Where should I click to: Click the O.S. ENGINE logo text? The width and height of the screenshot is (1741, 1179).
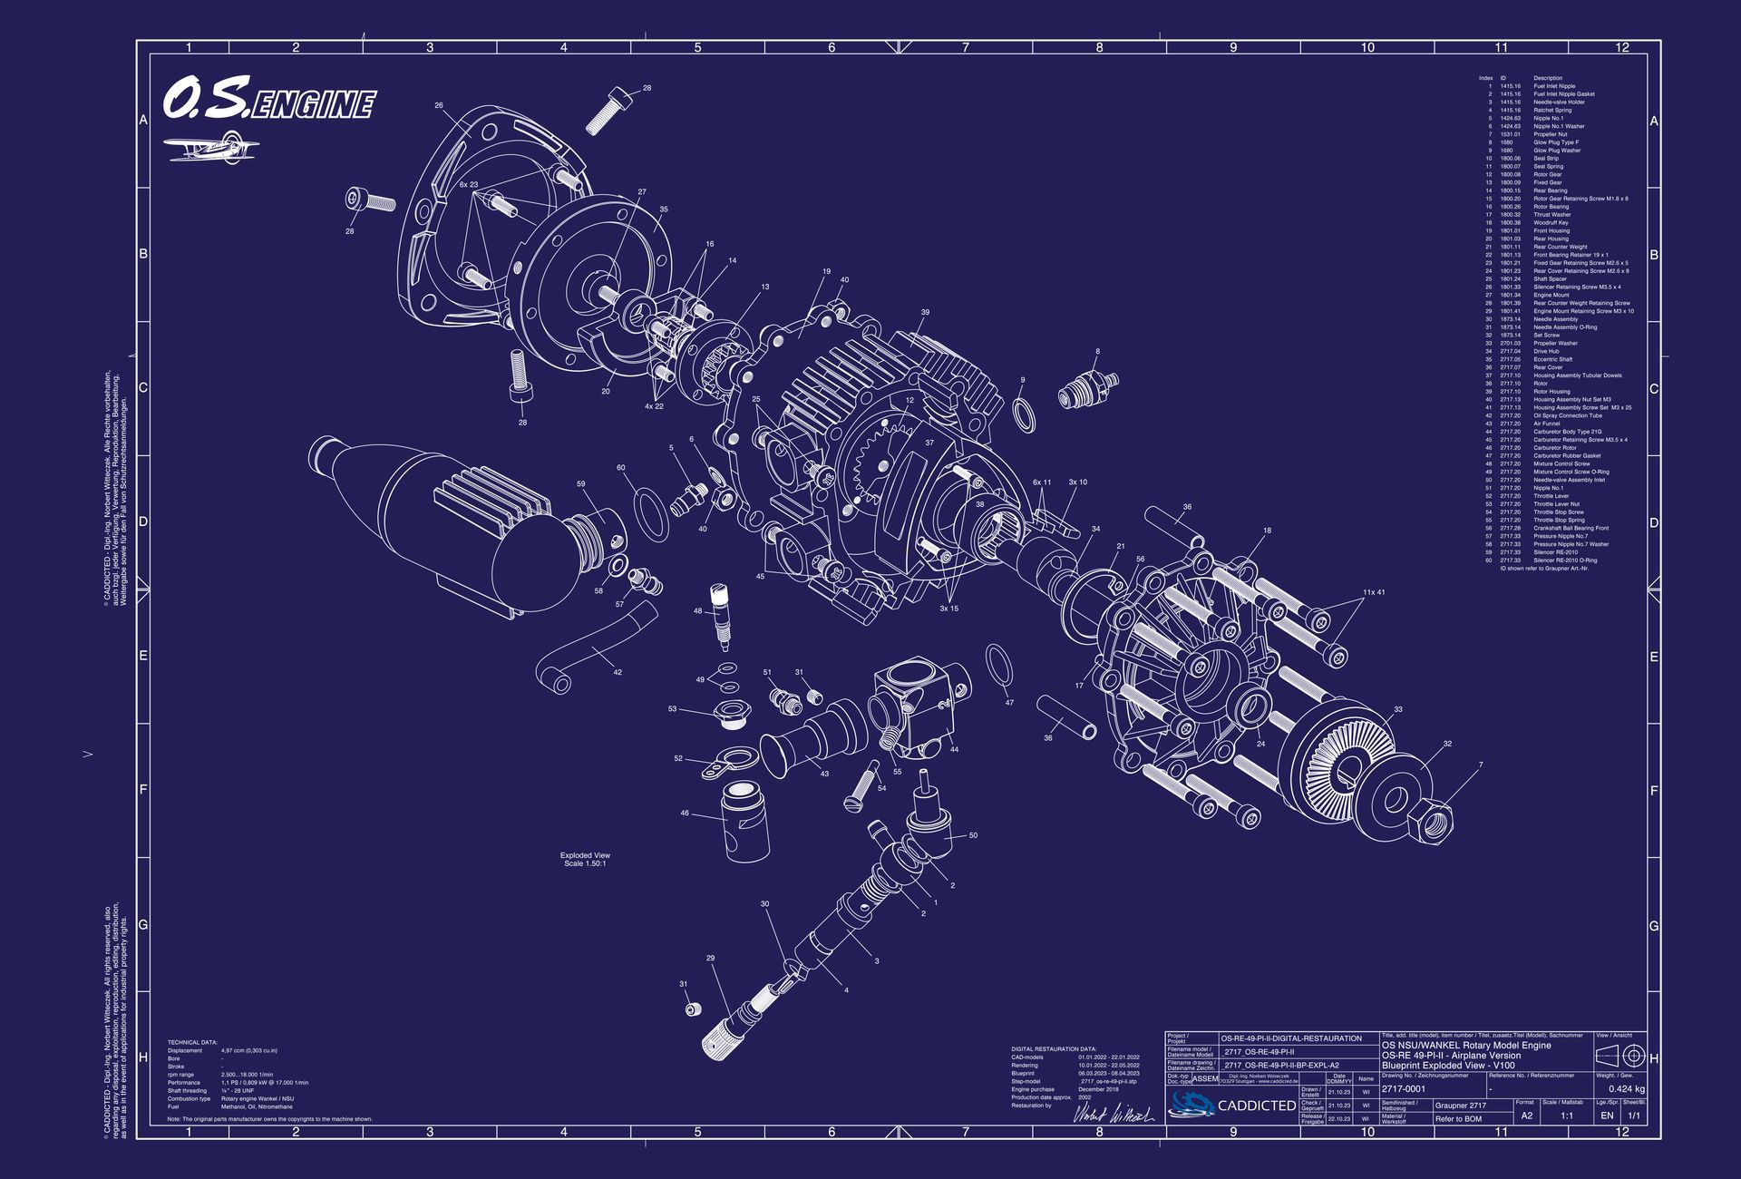tap(268, 100)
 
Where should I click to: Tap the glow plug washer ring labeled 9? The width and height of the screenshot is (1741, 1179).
tap(1024, 414)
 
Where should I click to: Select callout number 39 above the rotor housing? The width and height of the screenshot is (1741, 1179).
tap(924, 313)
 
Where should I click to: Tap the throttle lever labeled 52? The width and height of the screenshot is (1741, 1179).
tap(726, 764)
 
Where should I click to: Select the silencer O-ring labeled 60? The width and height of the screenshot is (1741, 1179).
tap(647, 512)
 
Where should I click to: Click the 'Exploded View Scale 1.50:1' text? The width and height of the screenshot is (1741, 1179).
tap(585, 859)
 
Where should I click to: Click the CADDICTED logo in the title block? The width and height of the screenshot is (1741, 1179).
tap(1232, 1105)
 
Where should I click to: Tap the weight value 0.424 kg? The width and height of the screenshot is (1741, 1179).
tap(1626, 1088)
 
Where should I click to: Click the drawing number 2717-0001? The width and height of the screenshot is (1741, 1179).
tap(1403, 1088)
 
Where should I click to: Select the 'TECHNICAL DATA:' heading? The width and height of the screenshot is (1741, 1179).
tap(192, 1042)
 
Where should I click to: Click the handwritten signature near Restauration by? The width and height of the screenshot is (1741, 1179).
tap(1113, 1114)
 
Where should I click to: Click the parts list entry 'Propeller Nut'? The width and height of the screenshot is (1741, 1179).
tap(1550, 134)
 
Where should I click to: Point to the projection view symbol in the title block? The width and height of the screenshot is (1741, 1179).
tap(1622, 1056)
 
